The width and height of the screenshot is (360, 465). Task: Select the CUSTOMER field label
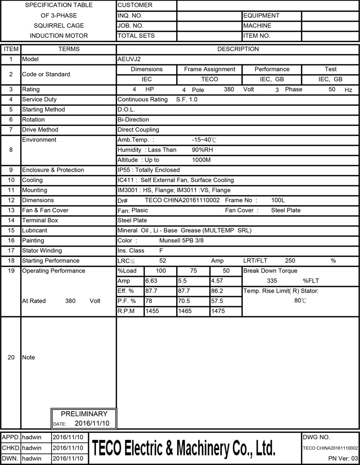click(x=135, y=5)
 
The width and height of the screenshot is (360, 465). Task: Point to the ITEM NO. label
click(x=257, y=36)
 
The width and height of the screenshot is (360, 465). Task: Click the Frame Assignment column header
click(x=210, y=69)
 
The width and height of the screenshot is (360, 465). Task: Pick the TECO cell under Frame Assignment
click(x=210, y=79)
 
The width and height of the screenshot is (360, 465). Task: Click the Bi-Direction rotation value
click(x=133, y=119)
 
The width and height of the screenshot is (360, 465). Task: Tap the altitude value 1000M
click(x=201, y=160)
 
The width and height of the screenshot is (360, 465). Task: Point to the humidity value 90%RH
click(x=202, y=150)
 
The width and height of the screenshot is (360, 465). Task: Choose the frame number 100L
click(x=278, y=200)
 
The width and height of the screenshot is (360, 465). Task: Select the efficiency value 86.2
click(x=217, y=291)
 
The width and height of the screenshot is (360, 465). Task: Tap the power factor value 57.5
click(x=217, y=301)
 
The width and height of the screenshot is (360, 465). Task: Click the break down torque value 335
click(x=272, y=281)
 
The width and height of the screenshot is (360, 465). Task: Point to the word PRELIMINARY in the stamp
click(x=84, y=414)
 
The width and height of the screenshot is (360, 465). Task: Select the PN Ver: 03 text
click(x=343, y=458)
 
